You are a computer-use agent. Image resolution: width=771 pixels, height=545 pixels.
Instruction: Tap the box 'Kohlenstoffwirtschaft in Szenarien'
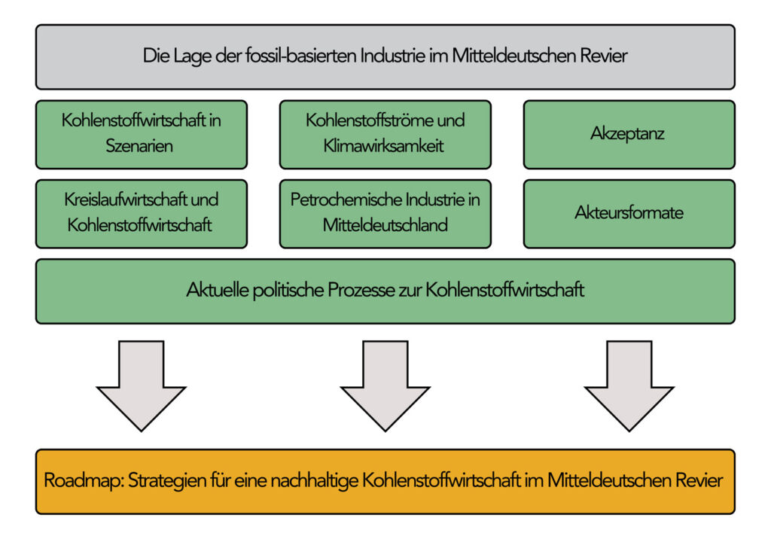(142, 135)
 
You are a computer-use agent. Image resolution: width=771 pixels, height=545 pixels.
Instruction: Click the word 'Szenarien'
(139, 146)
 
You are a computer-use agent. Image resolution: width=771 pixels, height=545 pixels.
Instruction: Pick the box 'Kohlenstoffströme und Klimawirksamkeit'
(385, 135)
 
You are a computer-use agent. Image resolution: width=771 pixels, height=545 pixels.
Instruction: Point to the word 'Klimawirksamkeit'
(383, 146)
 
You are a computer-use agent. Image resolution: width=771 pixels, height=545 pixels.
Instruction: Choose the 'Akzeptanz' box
(629, 135)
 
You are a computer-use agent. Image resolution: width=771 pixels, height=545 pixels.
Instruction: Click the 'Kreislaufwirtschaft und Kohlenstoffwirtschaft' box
(142, 214)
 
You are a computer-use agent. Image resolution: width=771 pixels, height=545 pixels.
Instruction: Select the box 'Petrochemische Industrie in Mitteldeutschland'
(385, 214)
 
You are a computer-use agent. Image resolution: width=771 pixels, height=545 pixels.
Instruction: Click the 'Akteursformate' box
(629, 214)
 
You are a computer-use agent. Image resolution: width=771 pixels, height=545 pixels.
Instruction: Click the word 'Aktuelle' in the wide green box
(218, 290)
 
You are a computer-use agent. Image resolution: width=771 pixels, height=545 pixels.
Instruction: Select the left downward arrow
(141, 386)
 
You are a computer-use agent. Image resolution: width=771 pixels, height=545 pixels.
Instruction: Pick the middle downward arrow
(385, 386)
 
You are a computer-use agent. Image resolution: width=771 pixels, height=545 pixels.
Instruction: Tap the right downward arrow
(629, 386)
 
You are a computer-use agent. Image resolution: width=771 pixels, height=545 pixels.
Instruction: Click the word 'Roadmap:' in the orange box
(84, 480)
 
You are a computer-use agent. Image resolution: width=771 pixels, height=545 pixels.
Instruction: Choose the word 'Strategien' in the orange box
(167, 480)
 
